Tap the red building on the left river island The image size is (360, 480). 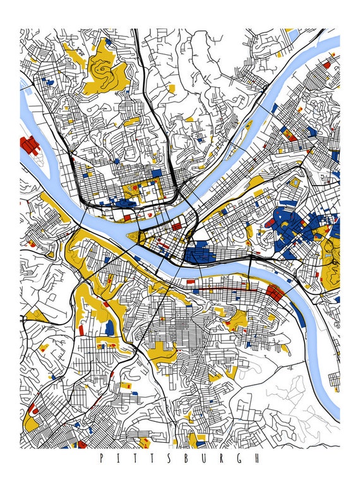click(28, 147)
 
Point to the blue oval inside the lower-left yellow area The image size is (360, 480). click(109, 327)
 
